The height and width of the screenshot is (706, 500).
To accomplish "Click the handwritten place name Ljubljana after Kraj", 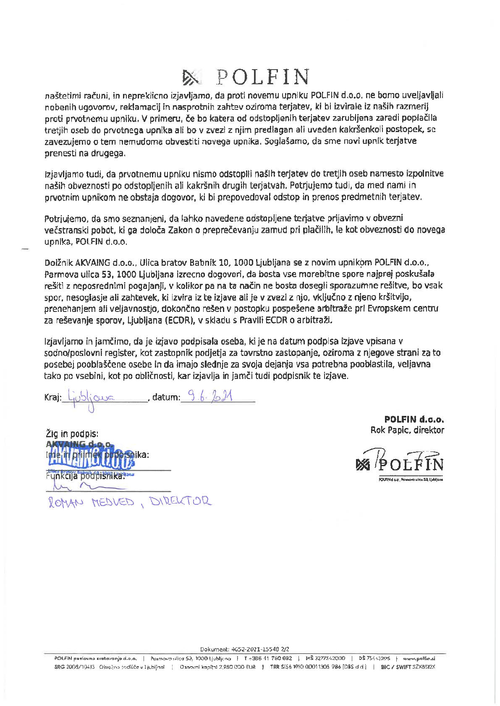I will point(90,397).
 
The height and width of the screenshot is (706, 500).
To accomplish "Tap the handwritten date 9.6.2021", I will point(210,396).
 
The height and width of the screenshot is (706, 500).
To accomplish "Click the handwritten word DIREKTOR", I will point(180,501).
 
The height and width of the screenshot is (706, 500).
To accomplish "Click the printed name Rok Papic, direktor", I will point(407,430).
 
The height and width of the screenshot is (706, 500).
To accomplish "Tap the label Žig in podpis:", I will point(72,434).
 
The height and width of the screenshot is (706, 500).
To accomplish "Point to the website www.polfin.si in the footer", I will point(419,658).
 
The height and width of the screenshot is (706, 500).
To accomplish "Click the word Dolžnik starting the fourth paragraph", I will point(59,263).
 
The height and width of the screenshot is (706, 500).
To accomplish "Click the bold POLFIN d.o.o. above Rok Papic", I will point(414,419).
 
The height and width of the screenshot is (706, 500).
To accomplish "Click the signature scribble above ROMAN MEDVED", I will point(84,486).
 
